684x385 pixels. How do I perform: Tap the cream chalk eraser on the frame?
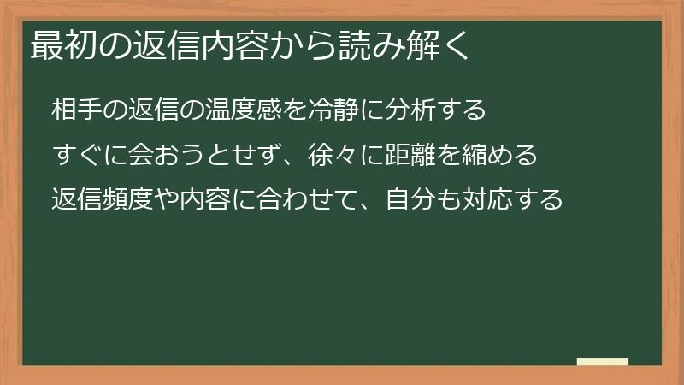click(x=604, y=362)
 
